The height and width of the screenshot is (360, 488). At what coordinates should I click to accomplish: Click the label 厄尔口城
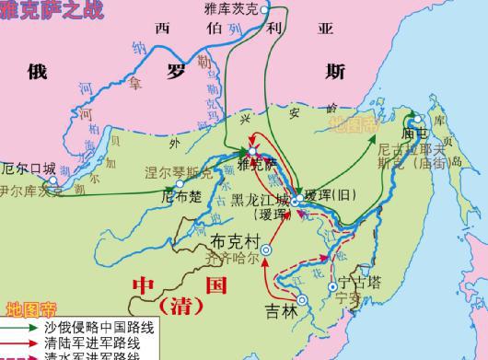29,168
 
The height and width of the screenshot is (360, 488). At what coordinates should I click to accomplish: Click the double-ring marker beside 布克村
267,249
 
